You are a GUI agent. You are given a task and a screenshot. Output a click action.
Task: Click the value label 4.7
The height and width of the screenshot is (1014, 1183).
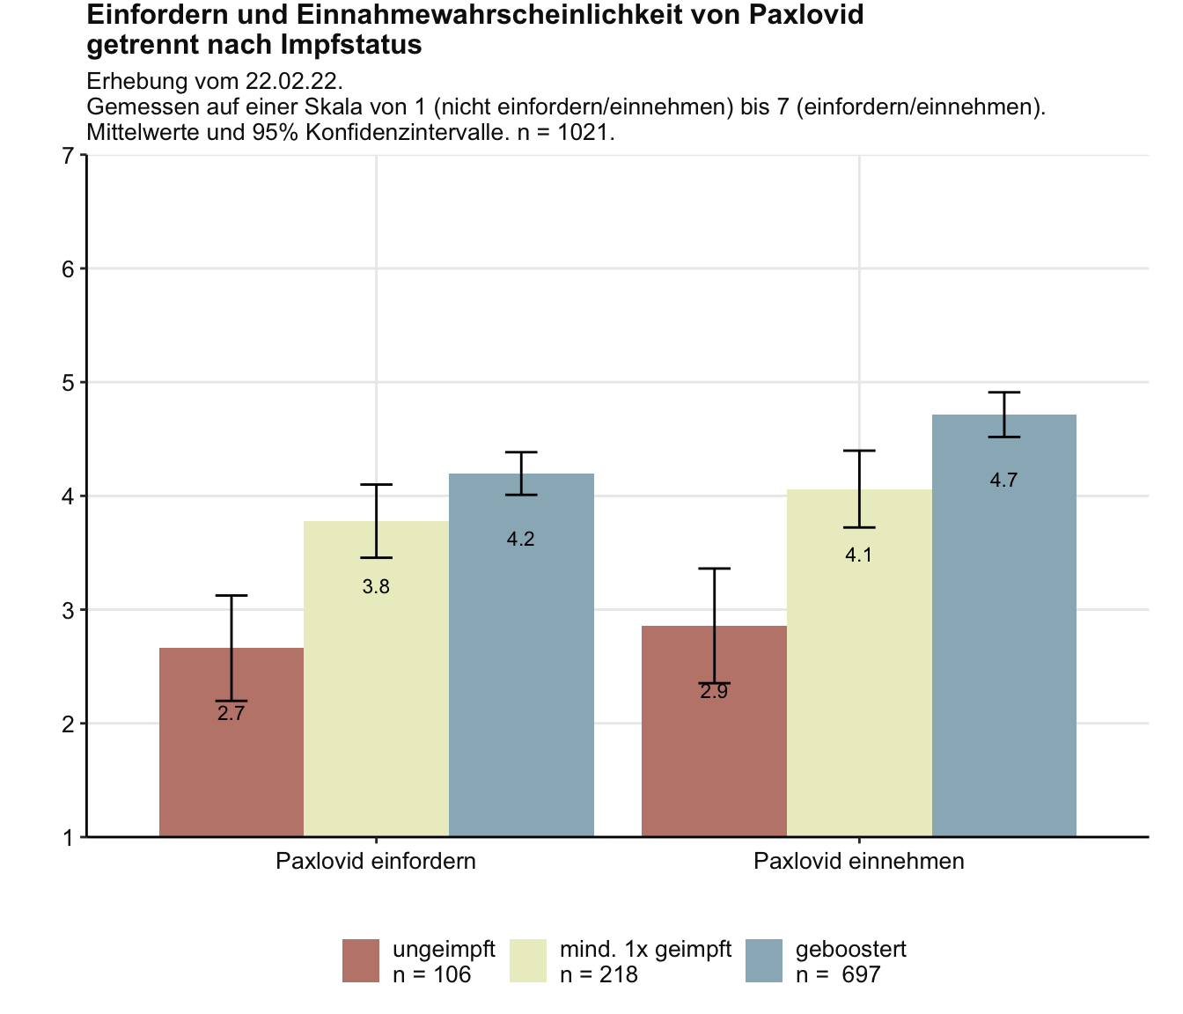[x=1003, y=481]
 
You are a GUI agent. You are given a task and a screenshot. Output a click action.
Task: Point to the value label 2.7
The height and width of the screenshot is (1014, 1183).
[x=231, y=714]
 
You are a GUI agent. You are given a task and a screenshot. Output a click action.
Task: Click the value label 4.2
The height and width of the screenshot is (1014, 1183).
[x=521, y=540]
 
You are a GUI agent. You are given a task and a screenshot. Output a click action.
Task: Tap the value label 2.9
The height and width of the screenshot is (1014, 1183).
[x=714, y=692]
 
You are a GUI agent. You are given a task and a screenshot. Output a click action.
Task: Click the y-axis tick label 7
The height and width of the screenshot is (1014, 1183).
[x=68, y=156]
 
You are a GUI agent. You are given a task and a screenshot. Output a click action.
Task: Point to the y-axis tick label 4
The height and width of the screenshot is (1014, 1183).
[x=68, y=496]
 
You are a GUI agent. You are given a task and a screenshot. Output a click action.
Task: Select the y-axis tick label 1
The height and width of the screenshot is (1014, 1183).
[x=68, y=837]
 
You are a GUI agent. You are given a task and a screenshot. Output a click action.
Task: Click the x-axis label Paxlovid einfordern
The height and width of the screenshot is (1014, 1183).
[x=376, y=861]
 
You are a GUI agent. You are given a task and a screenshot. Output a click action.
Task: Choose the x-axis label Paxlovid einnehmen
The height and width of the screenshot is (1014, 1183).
[x=859, y=861]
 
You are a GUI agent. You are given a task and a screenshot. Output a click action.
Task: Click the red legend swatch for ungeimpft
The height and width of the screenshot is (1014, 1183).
[x=361, y=960]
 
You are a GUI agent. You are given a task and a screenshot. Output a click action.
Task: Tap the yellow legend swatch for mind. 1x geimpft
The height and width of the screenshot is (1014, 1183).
[x=528, y=960]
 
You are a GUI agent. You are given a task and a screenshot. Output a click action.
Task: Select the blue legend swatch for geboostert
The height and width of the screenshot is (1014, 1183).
[x=764, y=960]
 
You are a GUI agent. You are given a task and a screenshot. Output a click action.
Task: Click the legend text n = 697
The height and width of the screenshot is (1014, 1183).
[x=838, y=974]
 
